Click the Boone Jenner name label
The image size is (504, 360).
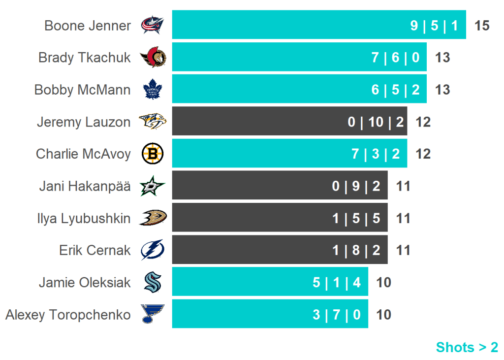click(88, 25)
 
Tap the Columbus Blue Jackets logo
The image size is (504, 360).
click(152, 25)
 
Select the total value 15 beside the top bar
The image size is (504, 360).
click(482, 25)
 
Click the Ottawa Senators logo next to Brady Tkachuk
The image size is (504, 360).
click(153, 58)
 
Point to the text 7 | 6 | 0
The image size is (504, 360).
click(395, 58)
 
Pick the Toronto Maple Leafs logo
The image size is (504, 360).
click(152, 90)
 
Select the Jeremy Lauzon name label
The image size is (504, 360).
click(84, 122)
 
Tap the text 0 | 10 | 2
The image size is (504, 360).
click(376, 122)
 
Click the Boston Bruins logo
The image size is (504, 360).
click(152, 154)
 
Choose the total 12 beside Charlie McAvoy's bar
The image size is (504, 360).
click(423, 154)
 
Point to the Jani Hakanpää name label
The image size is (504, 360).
click(85, 186)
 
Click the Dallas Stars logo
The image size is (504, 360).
click(152, 186)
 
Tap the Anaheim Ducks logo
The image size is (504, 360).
click(153, 218)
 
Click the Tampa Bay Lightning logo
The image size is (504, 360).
click(152, 250)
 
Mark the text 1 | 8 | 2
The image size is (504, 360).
click(356, 250)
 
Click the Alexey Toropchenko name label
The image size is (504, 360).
click(68, 315)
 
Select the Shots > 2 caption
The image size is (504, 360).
click(467, 347)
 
